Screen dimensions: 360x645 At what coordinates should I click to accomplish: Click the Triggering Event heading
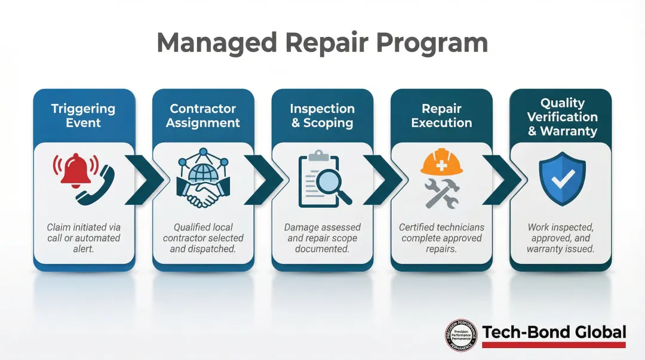click(83, 116)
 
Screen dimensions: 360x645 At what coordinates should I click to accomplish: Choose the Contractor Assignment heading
click(203, 116)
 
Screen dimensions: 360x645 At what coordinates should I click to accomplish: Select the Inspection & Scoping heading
click(322, 116)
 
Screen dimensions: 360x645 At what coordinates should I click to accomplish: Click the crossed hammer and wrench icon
click(441, 193)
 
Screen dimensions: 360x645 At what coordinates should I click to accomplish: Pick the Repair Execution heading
click(441, 116)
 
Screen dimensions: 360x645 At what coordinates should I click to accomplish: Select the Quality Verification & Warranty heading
click(562, 117)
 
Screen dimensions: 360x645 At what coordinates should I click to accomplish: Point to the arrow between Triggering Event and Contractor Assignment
click(143, 179)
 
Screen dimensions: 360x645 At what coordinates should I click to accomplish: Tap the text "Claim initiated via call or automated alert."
click(84, 238)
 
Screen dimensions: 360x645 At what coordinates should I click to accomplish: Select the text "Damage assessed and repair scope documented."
click(322, 238)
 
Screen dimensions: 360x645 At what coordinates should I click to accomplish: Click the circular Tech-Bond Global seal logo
click(461, 334)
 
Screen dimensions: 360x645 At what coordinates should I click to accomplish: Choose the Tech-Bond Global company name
click(554, 332)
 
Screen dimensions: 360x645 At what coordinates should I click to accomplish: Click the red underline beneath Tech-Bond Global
click(554, 344)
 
